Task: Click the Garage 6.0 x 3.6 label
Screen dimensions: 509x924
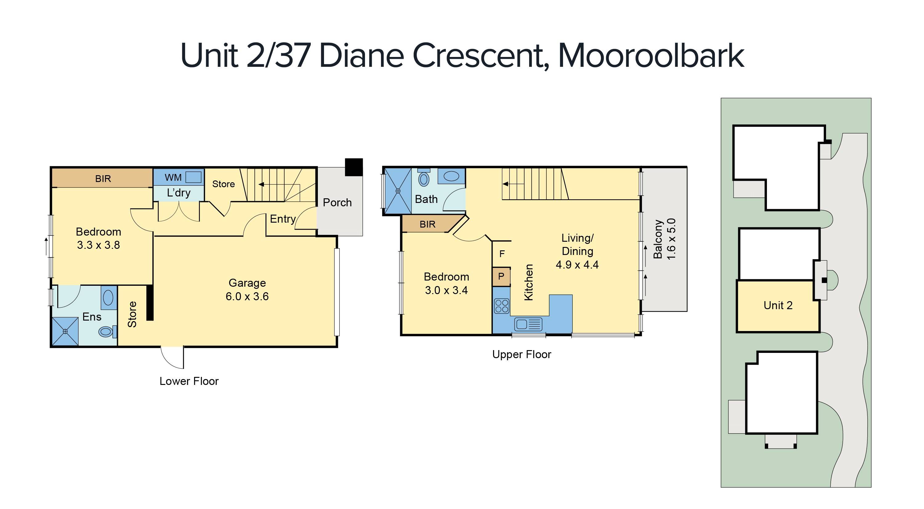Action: [247, 289]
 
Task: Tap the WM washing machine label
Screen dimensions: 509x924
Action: [173, 177]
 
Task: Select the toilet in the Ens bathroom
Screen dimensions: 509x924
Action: [106, 331]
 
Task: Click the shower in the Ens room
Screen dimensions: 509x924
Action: [65, 331]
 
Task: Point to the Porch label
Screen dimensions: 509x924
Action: [337, 202]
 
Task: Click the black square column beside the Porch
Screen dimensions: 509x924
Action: [354, 167]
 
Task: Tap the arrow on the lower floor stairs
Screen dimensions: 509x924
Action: [261, 184]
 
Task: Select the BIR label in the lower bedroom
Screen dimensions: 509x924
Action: [103, 179]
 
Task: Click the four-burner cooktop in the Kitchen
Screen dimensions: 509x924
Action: [501, 305]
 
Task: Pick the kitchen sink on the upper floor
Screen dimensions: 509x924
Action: [528, 324]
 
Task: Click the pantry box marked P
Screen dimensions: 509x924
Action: [501, 277]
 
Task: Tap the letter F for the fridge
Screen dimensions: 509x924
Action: [502, 254]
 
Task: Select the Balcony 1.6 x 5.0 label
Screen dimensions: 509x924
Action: [664, 239]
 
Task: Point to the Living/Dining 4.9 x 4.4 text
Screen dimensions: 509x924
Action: [577, 251]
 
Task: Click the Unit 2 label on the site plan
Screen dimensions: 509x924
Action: [778, 305]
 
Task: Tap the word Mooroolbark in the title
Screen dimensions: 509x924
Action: [651, 56]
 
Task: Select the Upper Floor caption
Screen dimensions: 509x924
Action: [521, 354]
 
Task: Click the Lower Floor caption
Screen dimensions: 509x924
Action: [189, 381]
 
